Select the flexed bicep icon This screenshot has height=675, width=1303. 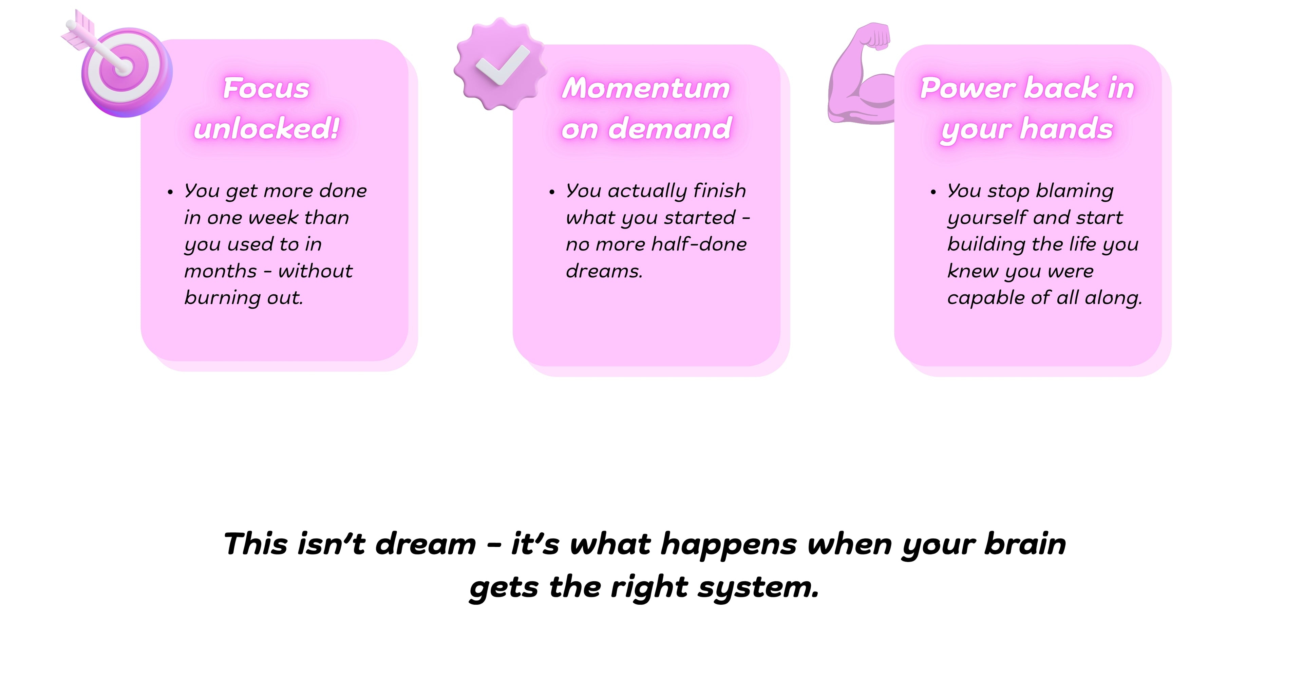pos(860,73)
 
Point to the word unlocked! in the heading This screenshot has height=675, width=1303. pos(266,128)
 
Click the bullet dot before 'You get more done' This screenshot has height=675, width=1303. pos(170,192)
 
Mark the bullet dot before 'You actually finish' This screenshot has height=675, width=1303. pos(552,192)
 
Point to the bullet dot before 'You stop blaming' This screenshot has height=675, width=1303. pos(933,192)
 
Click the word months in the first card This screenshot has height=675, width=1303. pos(221,271)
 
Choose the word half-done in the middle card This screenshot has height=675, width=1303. pos(699,244)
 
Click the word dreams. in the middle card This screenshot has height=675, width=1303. pos(604,271)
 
